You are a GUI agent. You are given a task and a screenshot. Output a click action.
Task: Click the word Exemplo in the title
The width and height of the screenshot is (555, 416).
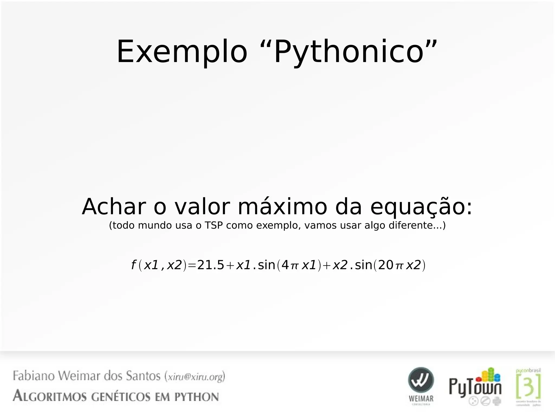[x=182, y=51]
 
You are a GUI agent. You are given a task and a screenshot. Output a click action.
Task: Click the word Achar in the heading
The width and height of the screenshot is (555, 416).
[x=114, y=207]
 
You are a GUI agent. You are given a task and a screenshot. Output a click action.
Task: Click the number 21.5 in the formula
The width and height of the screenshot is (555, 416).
[x=211, y=265]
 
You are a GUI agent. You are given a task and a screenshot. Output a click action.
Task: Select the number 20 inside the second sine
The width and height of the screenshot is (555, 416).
[x=385, y=265]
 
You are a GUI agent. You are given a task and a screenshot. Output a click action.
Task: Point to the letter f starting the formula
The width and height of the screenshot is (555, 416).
[x=133, y=265]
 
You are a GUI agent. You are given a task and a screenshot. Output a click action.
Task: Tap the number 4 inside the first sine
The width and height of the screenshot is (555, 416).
[x=285, y=265]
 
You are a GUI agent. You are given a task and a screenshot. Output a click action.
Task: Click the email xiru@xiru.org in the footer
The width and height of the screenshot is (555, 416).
[x=195, y=377]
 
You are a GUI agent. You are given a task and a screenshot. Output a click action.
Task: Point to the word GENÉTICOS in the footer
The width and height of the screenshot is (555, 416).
[x=121, y=397]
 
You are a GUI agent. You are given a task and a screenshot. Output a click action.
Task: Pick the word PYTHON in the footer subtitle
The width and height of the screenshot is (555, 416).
[x=196, y=397]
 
